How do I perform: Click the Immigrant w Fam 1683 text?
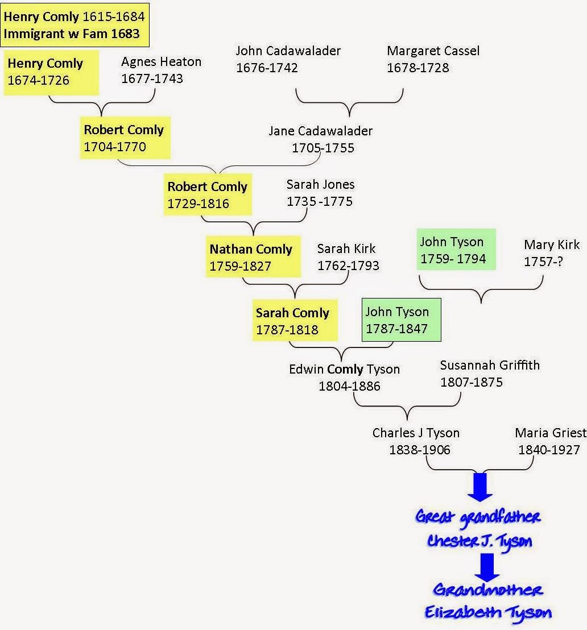72,34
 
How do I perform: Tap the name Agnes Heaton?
161,61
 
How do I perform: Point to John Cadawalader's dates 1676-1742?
267,68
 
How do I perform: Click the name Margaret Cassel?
433,51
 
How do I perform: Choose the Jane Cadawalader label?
320,131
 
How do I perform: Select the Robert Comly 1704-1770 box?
125,138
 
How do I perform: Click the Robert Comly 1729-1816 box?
208,195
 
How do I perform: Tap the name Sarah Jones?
320,184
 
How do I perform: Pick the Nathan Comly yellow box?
251,257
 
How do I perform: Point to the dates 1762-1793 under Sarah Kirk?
348,266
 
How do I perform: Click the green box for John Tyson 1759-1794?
456,250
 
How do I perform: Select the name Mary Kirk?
552,245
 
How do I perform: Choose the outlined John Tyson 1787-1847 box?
401,320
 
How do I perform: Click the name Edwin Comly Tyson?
344,370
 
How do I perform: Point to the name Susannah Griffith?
490,365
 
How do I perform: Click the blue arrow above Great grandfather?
481,486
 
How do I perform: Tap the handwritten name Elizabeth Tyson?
488,613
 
